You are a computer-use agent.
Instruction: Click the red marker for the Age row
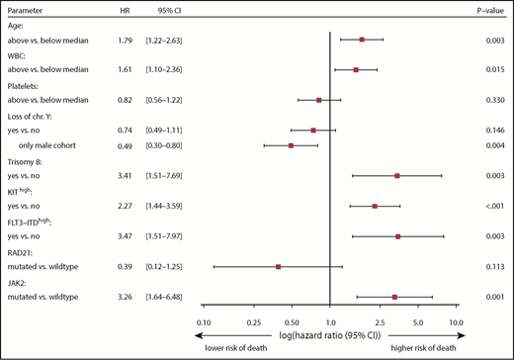(x=363, y=40)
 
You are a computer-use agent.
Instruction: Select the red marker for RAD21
(x=279, y=266)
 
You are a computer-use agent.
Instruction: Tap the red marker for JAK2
(x=394, y=296)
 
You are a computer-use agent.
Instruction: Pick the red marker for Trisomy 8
(x=396, y=176)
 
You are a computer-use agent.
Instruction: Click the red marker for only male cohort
(x=291, y=145)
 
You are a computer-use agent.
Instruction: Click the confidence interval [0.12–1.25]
(x=166, y=266)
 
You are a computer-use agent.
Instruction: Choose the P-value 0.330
(x=495, y=100)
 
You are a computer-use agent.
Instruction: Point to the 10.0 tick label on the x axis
(x=456, y=322)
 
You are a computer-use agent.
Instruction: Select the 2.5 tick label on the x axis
(x=380, y=322)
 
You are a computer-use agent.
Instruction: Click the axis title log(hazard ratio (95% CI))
(x=329, y=335)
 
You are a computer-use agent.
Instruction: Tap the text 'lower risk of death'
(x=239, y=348)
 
